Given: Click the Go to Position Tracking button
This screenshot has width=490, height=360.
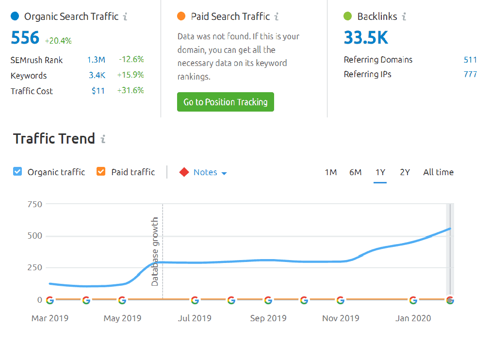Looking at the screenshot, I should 225,102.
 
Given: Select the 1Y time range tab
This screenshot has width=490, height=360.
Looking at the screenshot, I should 380,172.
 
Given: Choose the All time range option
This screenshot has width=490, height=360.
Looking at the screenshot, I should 438,172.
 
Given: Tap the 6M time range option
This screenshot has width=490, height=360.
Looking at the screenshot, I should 355,172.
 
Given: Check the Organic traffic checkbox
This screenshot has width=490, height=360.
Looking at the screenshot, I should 17,171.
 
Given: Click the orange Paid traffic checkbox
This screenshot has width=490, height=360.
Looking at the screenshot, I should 101,171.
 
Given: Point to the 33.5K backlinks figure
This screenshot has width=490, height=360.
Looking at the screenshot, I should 366,37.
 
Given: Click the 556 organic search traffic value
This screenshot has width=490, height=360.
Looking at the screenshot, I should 25,37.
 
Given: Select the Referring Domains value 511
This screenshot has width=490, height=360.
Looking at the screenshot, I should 470,60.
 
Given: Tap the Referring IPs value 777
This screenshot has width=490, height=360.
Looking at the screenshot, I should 470,74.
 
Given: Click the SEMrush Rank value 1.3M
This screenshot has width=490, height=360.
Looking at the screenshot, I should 96,60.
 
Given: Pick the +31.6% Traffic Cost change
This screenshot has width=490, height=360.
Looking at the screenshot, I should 131,91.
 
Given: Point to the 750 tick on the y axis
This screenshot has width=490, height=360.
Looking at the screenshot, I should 34,204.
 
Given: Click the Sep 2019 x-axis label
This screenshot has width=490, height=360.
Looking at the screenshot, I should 268,318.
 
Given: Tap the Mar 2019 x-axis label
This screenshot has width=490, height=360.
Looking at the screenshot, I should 49,318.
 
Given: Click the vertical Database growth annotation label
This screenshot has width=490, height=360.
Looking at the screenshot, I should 155,251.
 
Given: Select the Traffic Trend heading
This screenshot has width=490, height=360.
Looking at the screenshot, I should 54,139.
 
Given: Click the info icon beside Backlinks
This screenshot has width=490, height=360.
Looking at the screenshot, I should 404,16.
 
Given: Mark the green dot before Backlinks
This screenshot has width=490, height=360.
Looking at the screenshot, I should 347,16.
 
